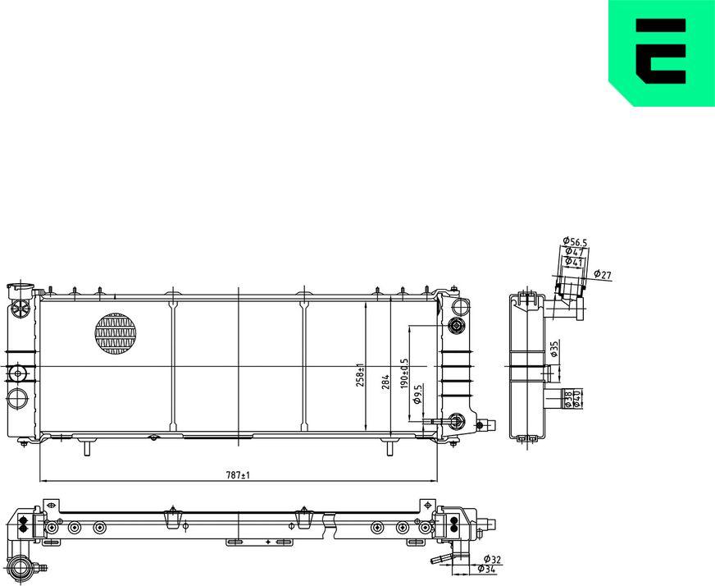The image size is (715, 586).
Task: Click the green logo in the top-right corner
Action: (662, 53)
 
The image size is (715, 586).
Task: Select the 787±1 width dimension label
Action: (238, 474)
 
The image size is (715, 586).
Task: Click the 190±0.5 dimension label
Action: (403, 373)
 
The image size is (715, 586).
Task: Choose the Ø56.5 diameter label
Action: (576, 241)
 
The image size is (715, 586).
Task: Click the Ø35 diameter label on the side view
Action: (555, 350)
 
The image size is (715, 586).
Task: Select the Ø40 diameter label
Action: (578, 400)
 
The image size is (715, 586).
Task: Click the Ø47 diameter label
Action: (574, 251)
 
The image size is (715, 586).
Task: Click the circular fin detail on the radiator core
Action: (115, 334)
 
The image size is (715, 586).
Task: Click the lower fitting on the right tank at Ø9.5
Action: (456, 423)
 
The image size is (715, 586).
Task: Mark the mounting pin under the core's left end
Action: (85, 448)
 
